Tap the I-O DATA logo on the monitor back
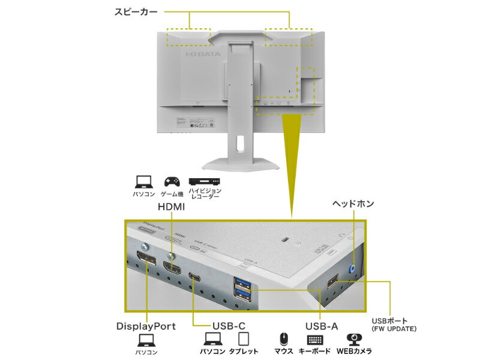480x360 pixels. pos(203,54)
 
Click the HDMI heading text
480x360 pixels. pos(171,206)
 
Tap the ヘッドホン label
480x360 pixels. pos(353,204)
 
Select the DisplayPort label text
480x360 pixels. pos(146,326)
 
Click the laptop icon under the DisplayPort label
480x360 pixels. pos(146,340)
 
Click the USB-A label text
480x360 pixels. pos(322,326)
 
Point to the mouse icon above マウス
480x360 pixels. pos(283,339)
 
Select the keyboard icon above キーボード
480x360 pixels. pos(314,339)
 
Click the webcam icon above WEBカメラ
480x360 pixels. pos(355,339)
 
